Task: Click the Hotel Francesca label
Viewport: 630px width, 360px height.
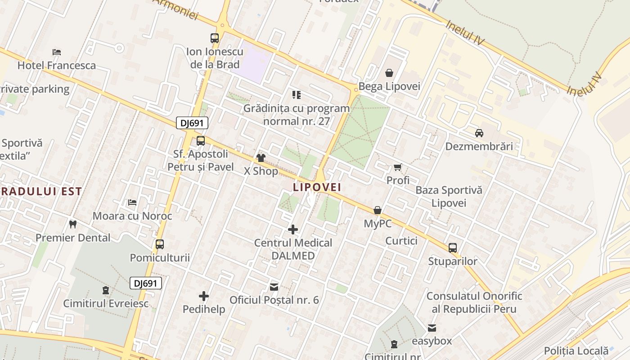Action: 56,65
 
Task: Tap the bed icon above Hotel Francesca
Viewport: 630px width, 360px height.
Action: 56,52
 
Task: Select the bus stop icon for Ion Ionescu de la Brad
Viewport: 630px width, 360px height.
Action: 215,38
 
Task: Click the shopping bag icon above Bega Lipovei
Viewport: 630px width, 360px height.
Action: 389,73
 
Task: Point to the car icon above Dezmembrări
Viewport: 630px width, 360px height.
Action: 479,133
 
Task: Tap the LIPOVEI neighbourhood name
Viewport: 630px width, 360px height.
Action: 317,187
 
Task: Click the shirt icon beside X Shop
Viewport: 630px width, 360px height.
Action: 261,157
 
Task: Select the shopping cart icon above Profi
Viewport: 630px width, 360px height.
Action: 398,167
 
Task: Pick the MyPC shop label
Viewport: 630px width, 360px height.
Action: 378,223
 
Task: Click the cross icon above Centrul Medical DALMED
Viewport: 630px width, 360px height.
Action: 293,229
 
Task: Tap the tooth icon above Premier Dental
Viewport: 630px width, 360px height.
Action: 72,224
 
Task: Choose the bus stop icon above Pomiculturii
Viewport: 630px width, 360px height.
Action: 160,244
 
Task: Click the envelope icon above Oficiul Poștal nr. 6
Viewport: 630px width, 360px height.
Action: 274,287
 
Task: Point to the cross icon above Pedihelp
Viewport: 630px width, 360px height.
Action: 204,296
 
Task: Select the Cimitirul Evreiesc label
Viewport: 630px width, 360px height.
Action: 106,303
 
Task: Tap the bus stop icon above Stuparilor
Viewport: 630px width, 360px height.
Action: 453,248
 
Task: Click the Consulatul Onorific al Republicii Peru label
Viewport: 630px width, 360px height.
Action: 474,302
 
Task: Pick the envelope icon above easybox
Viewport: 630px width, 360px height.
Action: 432,328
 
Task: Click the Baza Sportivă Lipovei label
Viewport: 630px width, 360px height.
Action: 449,196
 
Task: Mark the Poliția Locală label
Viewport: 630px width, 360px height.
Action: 576,351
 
